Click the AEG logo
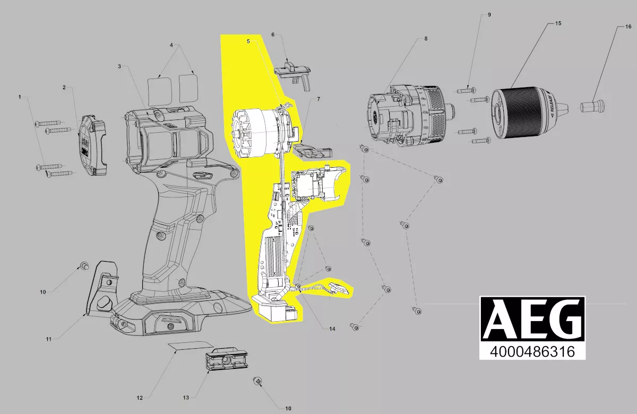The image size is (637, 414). [532, 319]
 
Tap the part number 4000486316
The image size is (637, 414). [532, 351]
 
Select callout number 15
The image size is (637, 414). [558, 23]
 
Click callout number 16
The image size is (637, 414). [628, 27]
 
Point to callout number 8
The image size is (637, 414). [426, 39]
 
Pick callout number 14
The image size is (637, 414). [332, 329]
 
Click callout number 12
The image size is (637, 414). [140, 398]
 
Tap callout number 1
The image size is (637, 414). [20, 97]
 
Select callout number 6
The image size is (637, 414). [273, 34]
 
